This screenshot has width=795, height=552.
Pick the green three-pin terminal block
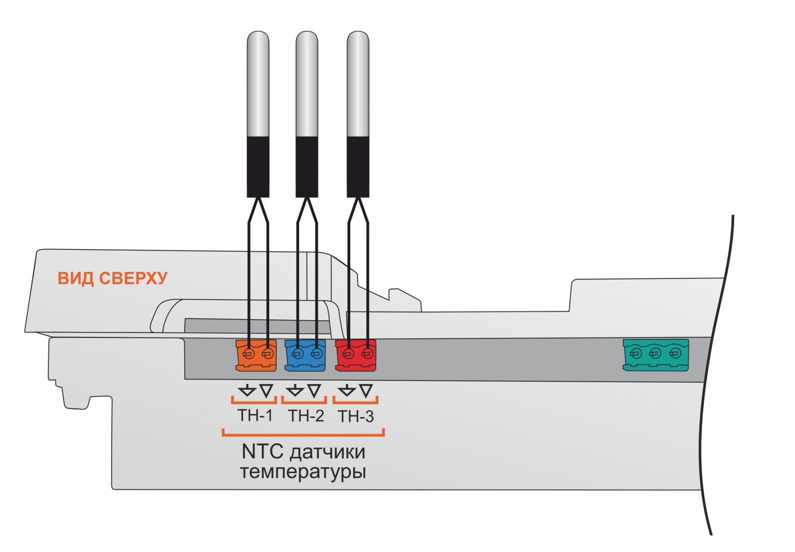click(x=656, y=355)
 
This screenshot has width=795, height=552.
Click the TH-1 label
click(x=255, y=415)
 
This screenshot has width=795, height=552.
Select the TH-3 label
click(x=356, y=416)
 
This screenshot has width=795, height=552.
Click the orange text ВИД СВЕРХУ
click(x=113, y=278)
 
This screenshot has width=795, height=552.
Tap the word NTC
click(x=263, y=452)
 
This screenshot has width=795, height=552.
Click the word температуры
click(x=303, y=472)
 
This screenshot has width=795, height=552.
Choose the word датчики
click(x=328, y=452)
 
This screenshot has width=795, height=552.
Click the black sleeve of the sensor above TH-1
click(x=258, y=167)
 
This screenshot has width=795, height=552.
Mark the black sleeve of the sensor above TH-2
click(x=307, y=167)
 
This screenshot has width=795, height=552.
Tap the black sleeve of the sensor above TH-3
click(x=358, y=167)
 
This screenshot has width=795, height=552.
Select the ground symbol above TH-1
click(x=247, y=390)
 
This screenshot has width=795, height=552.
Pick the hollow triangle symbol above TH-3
click(x=366, y=390)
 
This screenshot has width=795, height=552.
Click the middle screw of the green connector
click(x=655, y=353)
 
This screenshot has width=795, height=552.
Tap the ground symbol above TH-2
click(x=295, y=390)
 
